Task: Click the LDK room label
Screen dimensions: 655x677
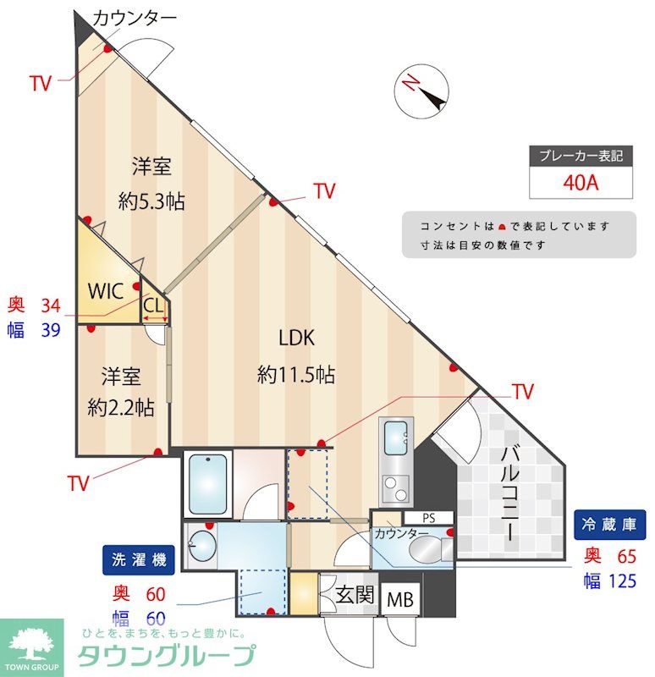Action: (296, 338)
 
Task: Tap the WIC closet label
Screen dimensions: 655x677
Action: (105, 291)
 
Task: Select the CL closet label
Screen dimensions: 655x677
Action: (153, 305)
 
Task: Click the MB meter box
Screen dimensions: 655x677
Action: (400, 599)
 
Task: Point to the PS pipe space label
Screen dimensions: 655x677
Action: (429, 518)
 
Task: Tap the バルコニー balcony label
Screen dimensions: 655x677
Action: (510, 494)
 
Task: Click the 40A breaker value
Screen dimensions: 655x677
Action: (581, 183)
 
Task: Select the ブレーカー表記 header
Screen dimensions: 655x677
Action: (581, 156)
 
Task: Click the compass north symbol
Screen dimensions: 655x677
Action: (421, 91)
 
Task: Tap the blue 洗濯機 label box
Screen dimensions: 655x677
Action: (139, 560)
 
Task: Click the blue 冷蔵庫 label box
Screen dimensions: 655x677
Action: (609, 525)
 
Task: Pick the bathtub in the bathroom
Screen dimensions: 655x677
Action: (207, 483)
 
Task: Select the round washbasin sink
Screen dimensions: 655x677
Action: (202, 545)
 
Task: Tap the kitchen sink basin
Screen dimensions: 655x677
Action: (396, 437)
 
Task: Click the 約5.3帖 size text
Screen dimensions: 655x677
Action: (151, 201)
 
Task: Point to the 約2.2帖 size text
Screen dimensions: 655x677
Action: (121, 407)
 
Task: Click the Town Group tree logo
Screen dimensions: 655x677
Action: (31, 645)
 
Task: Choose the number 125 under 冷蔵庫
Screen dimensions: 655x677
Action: (622, 581)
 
